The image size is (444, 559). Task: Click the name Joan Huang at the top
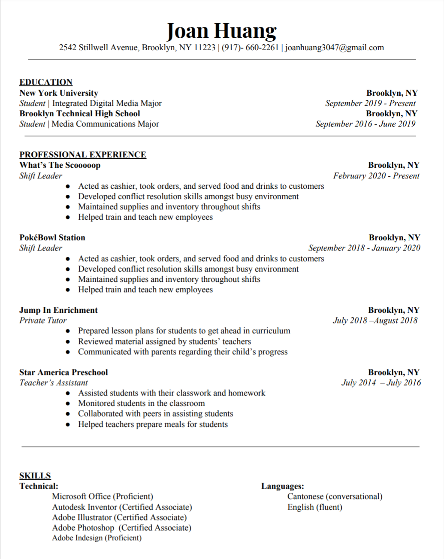coord(221,31)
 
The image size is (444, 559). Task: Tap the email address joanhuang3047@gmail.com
coord(335,48)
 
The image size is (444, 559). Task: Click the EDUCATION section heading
coord(46,82)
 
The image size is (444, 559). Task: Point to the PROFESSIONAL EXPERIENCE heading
coord(83,155)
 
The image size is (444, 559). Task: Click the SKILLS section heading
coord(35,476)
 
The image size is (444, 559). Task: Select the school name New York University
coord(59,93)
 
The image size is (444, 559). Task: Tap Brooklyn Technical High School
coord(80,114)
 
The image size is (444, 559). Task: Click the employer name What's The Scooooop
coord(60,165)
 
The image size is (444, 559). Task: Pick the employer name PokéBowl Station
coord(52,238)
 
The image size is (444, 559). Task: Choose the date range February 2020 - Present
coord(376,176)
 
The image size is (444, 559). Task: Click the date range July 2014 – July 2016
coord(381,383)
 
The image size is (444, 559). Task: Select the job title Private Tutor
coord(43,320)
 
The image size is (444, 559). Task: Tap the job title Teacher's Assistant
coord(54,383)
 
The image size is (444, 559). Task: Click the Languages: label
coord(283,486)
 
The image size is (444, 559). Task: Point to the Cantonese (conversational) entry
coord(335,496)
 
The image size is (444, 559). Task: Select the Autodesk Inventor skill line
coord(122,507)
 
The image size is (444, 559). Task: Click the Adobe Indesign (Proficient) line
coord(97,538)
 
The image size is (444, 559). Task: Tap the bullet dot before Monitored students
coord(68,404)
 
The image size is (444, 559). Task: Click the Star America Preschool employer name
coord(63,372)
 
